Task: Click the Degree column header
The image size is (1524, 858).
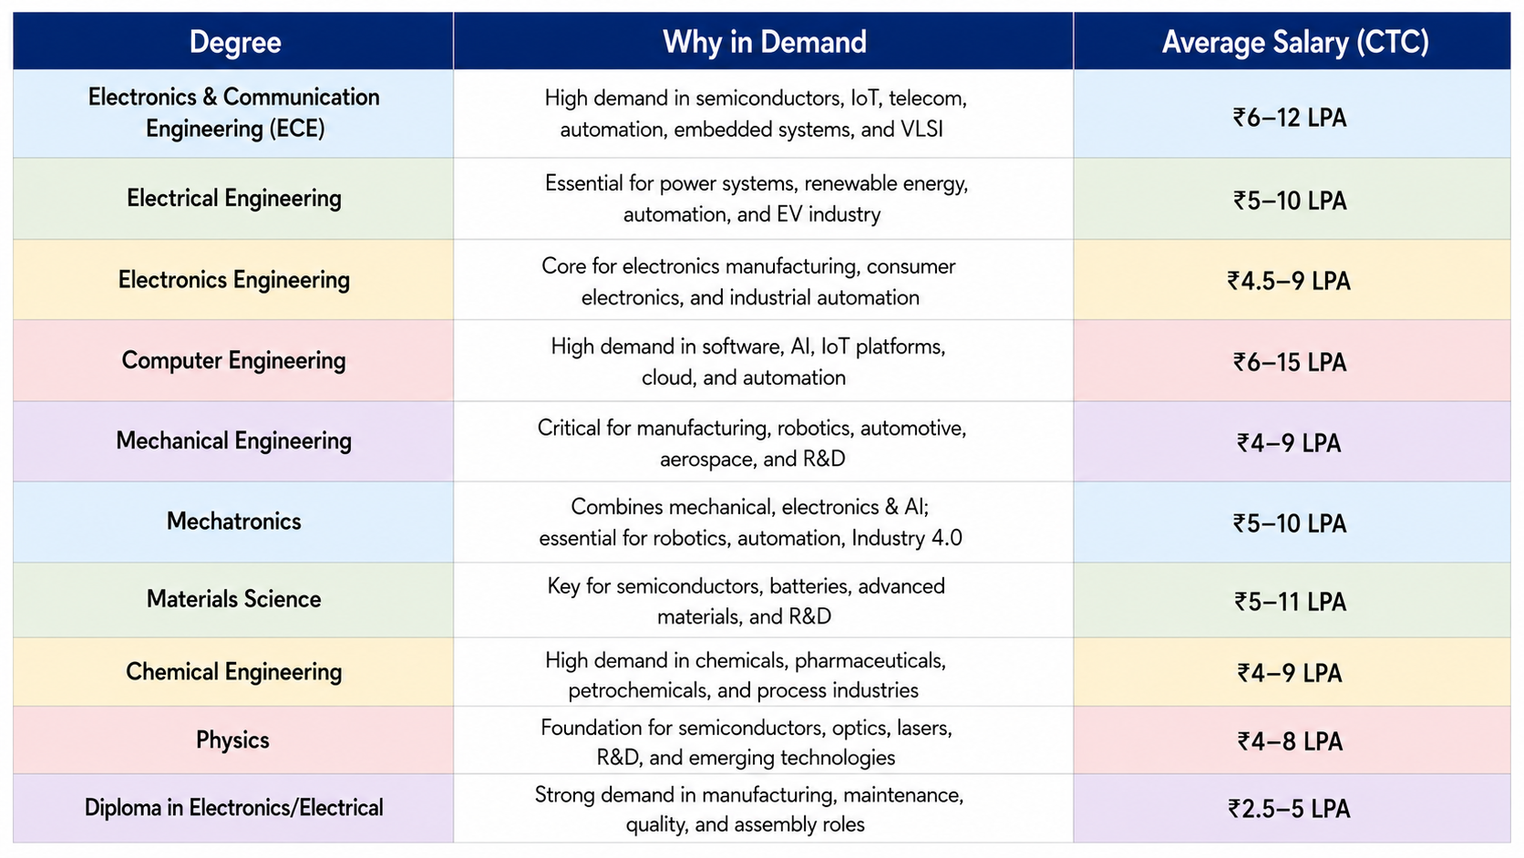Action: tap(235, 42)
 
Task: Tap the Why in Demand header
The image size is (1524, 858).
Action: tap(764, 42)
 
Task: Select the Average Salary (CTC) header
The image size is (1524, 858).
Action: tap(1294, 42)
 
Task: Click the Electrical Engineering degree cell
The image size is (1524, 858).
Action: tap(233, 198)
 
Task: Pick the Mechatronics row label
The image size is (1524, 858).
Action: tap(233, 522)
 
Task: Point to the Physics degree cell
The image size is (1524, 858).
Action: tap(232, 739)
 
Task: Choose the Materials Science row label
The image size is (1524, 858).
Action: tap(233, 599)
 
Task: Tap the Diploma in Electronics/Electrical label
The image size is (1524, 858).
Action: tap(233, 808)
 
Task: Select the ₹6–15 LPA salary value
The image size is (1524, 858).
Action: tap(1289, 362)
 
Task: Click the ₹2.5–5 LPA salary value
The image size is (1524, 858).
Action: tap(1289, 809)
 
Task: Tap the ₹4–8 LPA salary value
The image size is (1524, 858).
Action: tap(1290, 741)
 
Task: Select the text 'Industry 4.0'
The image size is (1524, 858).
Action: tap(906, 538)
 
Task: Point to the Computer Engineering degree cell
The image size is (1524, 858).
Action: tap(233, 360)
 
